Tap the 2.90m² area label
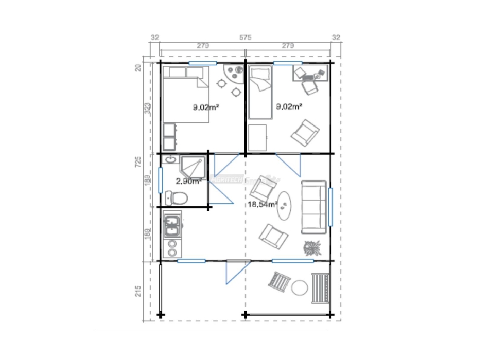point(187,181)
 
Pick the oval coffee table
point(285,206)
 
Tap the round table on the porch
point(300,287)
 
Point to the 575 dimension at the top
point(245,37)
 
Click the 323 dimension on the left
point(147,108)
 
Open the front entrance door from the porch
point(236,272)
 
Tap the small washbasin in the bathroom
point(170,161)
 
